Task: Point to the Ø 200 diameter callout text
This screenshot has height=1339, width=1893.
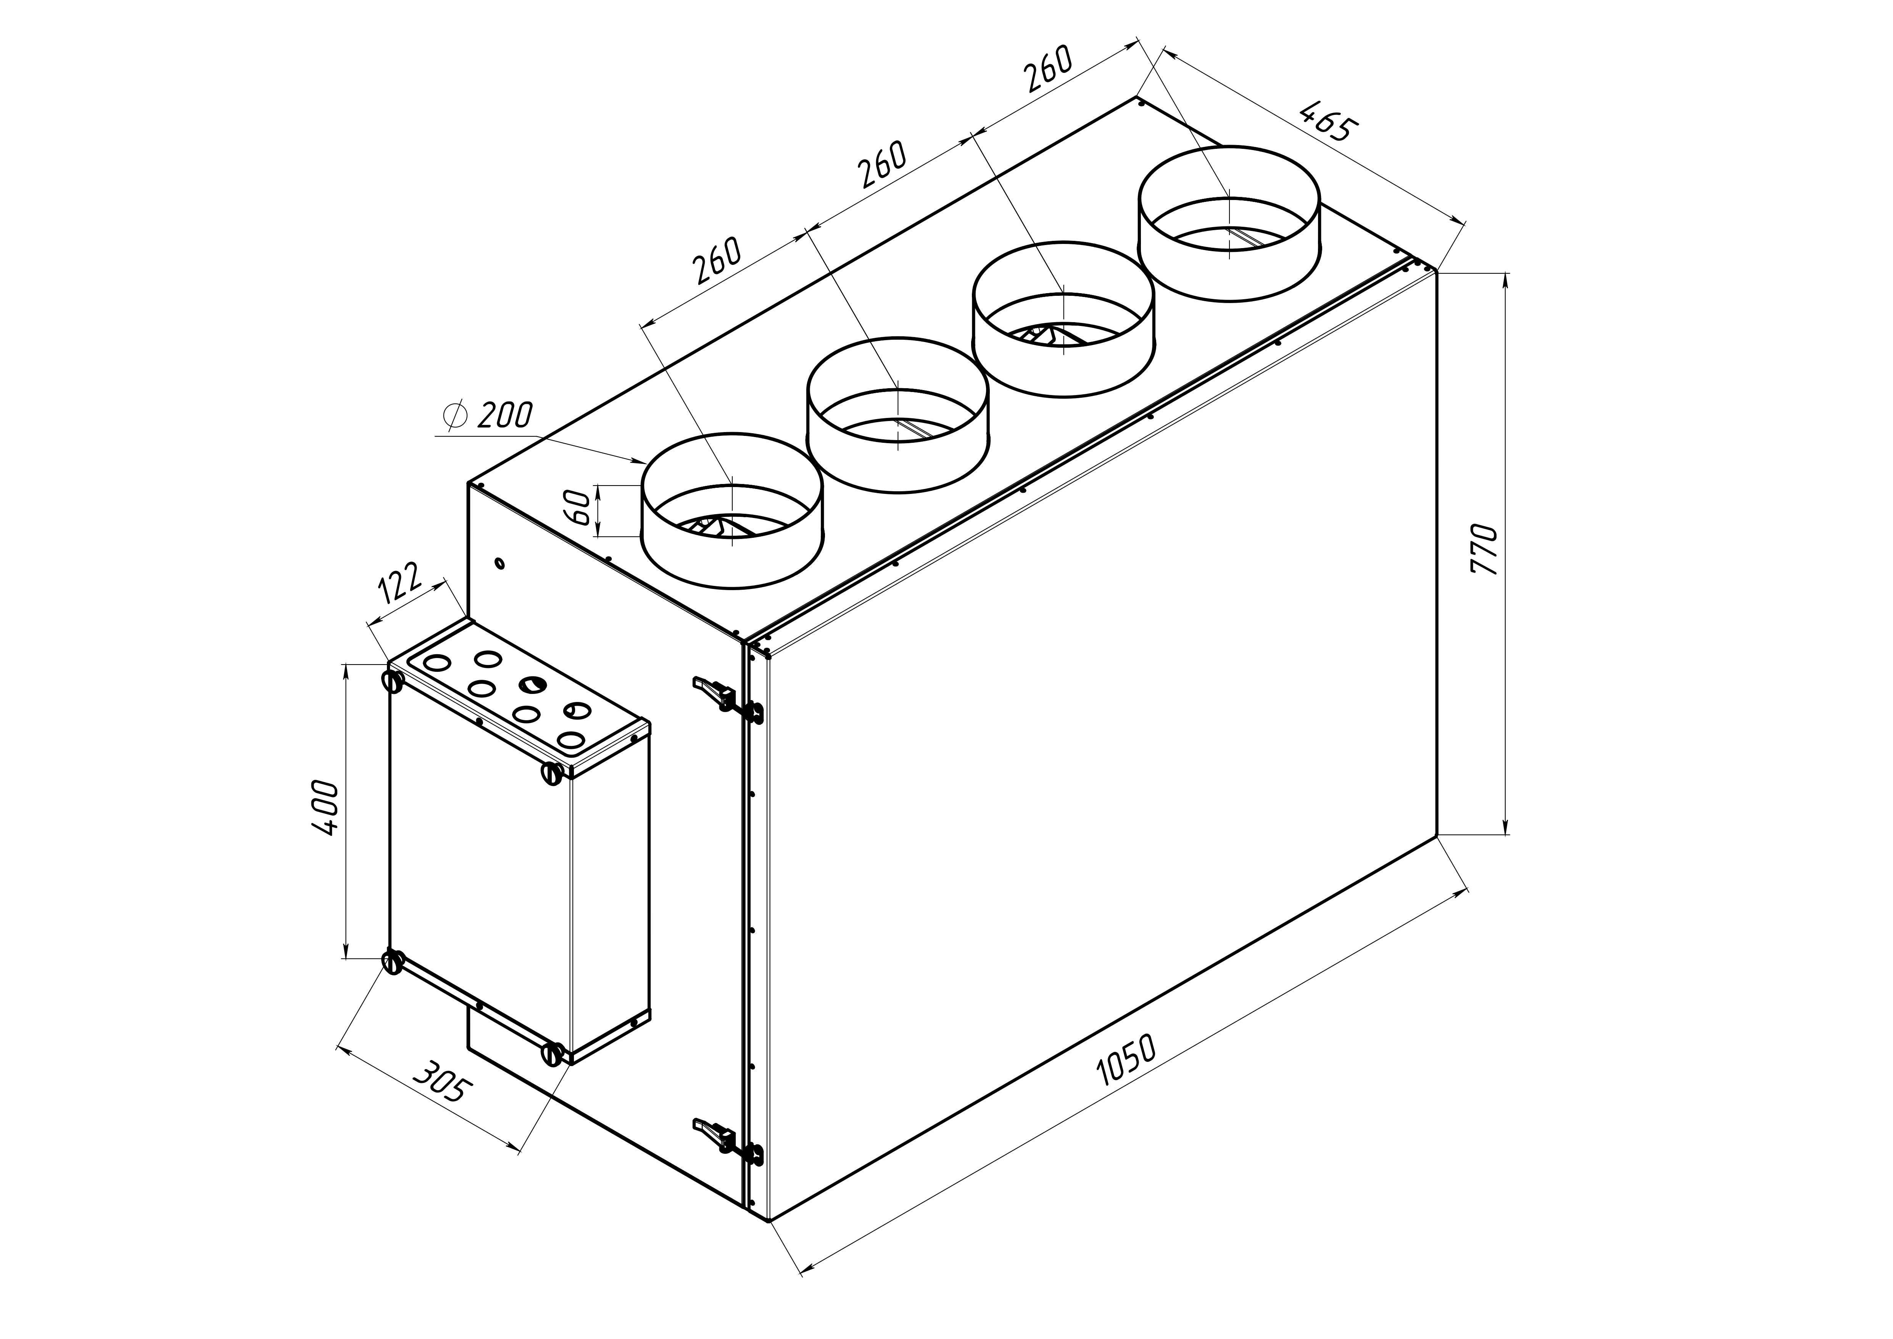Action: click(x=488, y=415)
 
